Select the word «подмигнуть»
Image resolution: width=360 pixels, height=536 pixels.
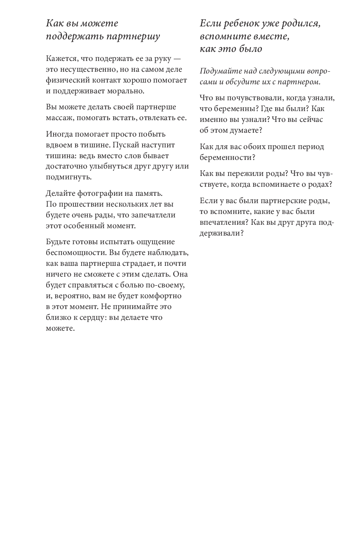point(67,177)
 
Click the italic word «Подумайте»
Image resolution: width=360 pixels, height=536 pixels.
point(220,71)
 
